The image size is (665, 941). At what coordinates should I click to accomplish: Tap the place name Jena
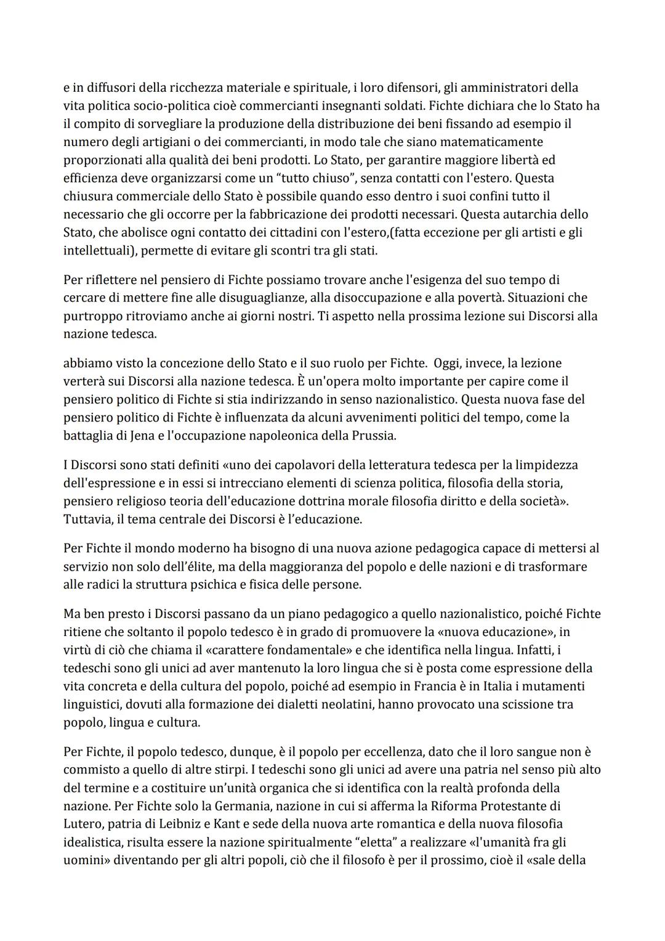(131, 436)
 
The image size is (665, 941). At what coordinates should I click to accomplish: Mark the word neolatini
(345, 704)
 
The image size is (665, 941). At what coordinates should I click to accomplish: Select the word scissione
(515, 704)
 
